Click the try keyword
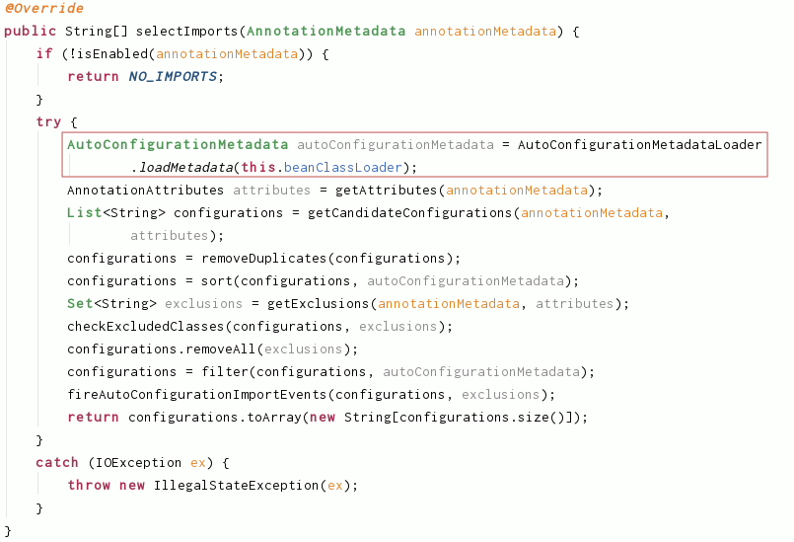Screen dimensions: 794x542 point(48,121)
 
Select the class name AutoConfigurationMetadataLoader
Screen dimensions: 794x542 point(639,144)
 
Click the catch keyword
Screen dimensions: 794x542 point(56,463)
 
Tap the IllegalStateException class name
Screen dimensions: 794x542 point(238,486)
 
